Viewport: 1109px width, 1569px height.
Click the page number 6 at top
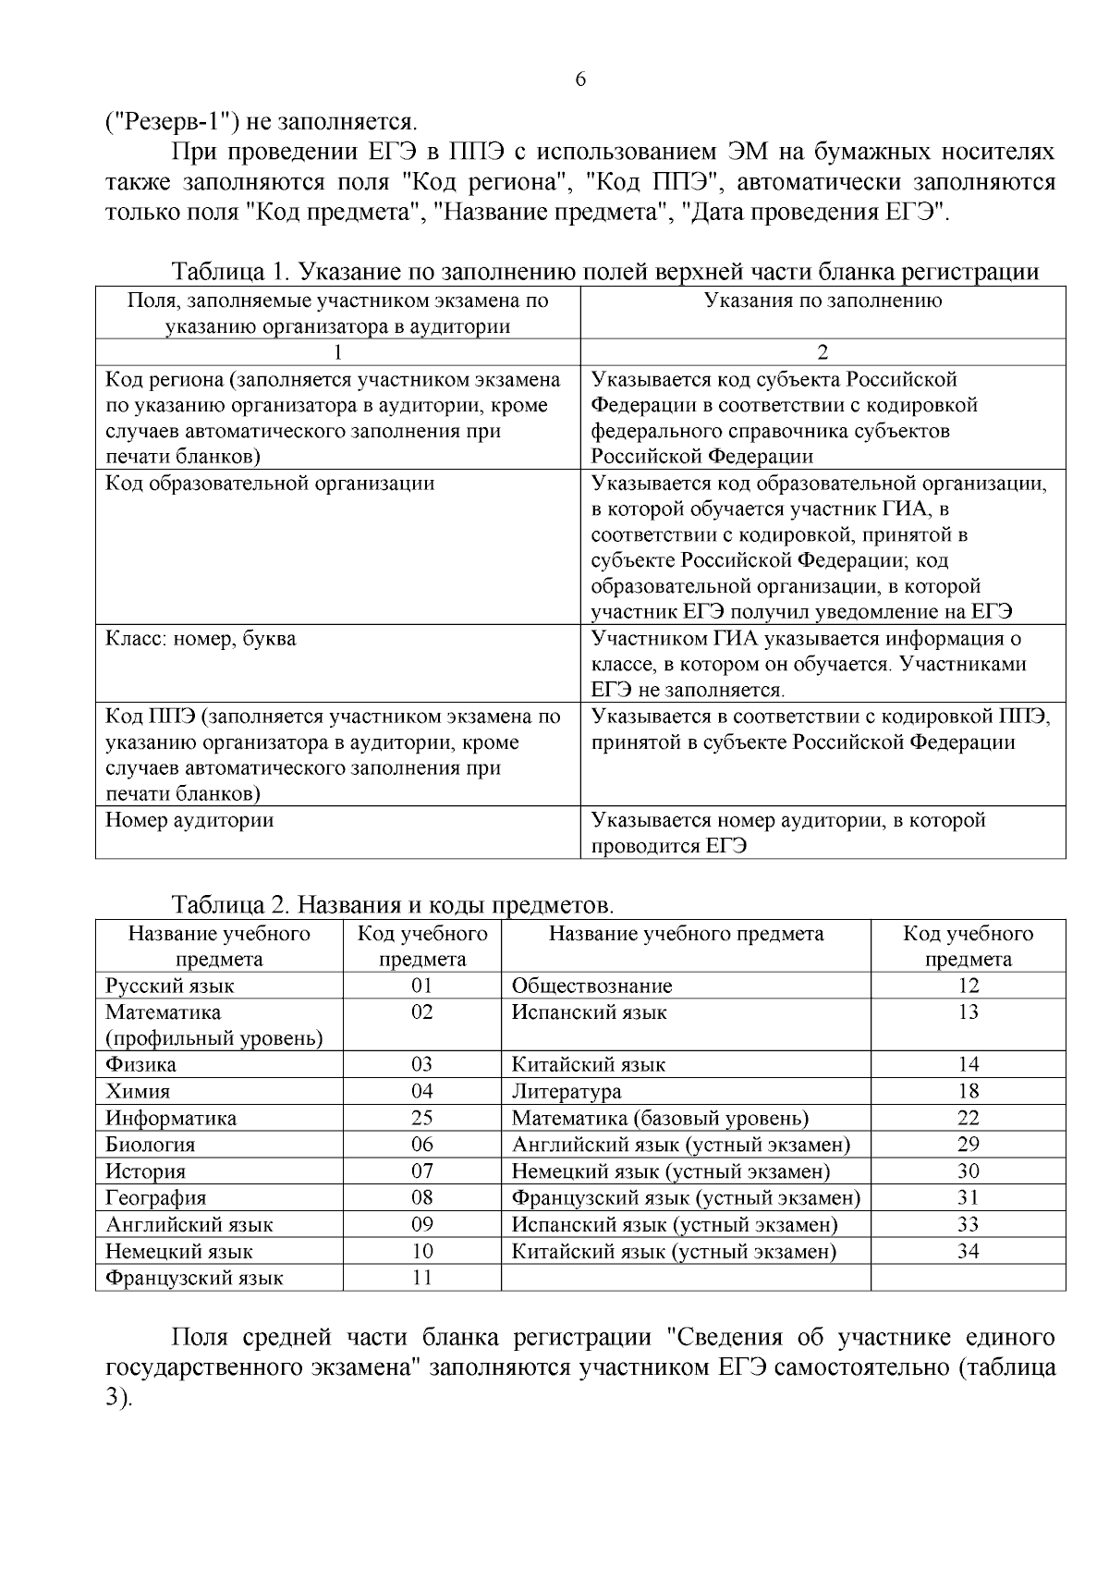tap(580, 80)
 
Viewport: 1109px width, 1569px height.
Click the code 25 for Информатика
tap(421, 1118)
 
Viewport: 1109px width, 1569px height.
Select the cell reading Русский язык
tap(170, 986)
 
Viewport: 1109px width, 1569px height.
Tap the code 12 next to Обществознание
tap(968, 986)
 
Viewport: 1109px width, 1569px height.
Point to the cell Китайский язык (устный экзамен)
tap(674, 1252)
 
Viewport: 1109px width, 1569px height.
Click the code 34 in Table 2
tap(968, 1252)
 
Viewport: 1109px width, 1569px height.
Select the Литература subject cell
tap(567, 1092)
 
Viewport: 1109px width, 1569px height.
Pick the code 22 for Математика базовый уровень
tap(968, 1118)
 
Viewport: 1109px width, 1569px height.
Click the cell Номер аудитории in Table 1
tap(189, 820)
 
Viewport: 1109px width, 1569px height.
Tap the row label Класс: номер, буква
tap(201, 639)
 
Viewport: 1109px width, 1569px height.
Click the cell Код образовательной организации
tap(270, 484)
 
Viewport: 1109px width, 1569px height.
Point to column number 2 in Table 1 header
tap(823, 352)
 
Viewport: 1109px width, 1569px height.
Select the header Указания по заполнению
tap(823, 300)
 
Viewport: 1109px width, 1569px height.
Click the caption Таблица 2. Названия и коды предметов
tap(393, 903)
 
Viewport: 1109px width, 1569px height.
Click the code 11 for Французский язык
tap(421, 1278)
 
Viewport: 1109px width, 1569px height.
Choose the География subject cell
tap(156, 1198)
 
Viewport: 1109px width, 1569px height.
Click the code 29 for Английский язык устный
tap(968, 1145)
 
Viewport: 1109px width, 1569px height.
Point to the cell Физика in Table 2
tap(140, 1065)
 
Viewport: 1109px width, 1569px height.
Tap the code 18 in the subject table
tap(968, 1092)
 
